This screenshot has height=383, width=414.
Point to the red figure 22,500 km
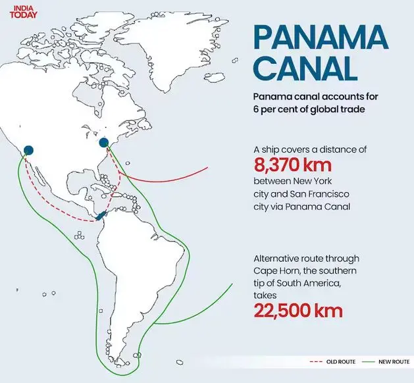tap(298, 310)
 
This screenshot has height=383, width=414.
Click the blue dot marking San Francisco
tap(28, 150)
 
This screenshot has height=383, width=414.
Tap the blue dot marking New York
tap(103, 142)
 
